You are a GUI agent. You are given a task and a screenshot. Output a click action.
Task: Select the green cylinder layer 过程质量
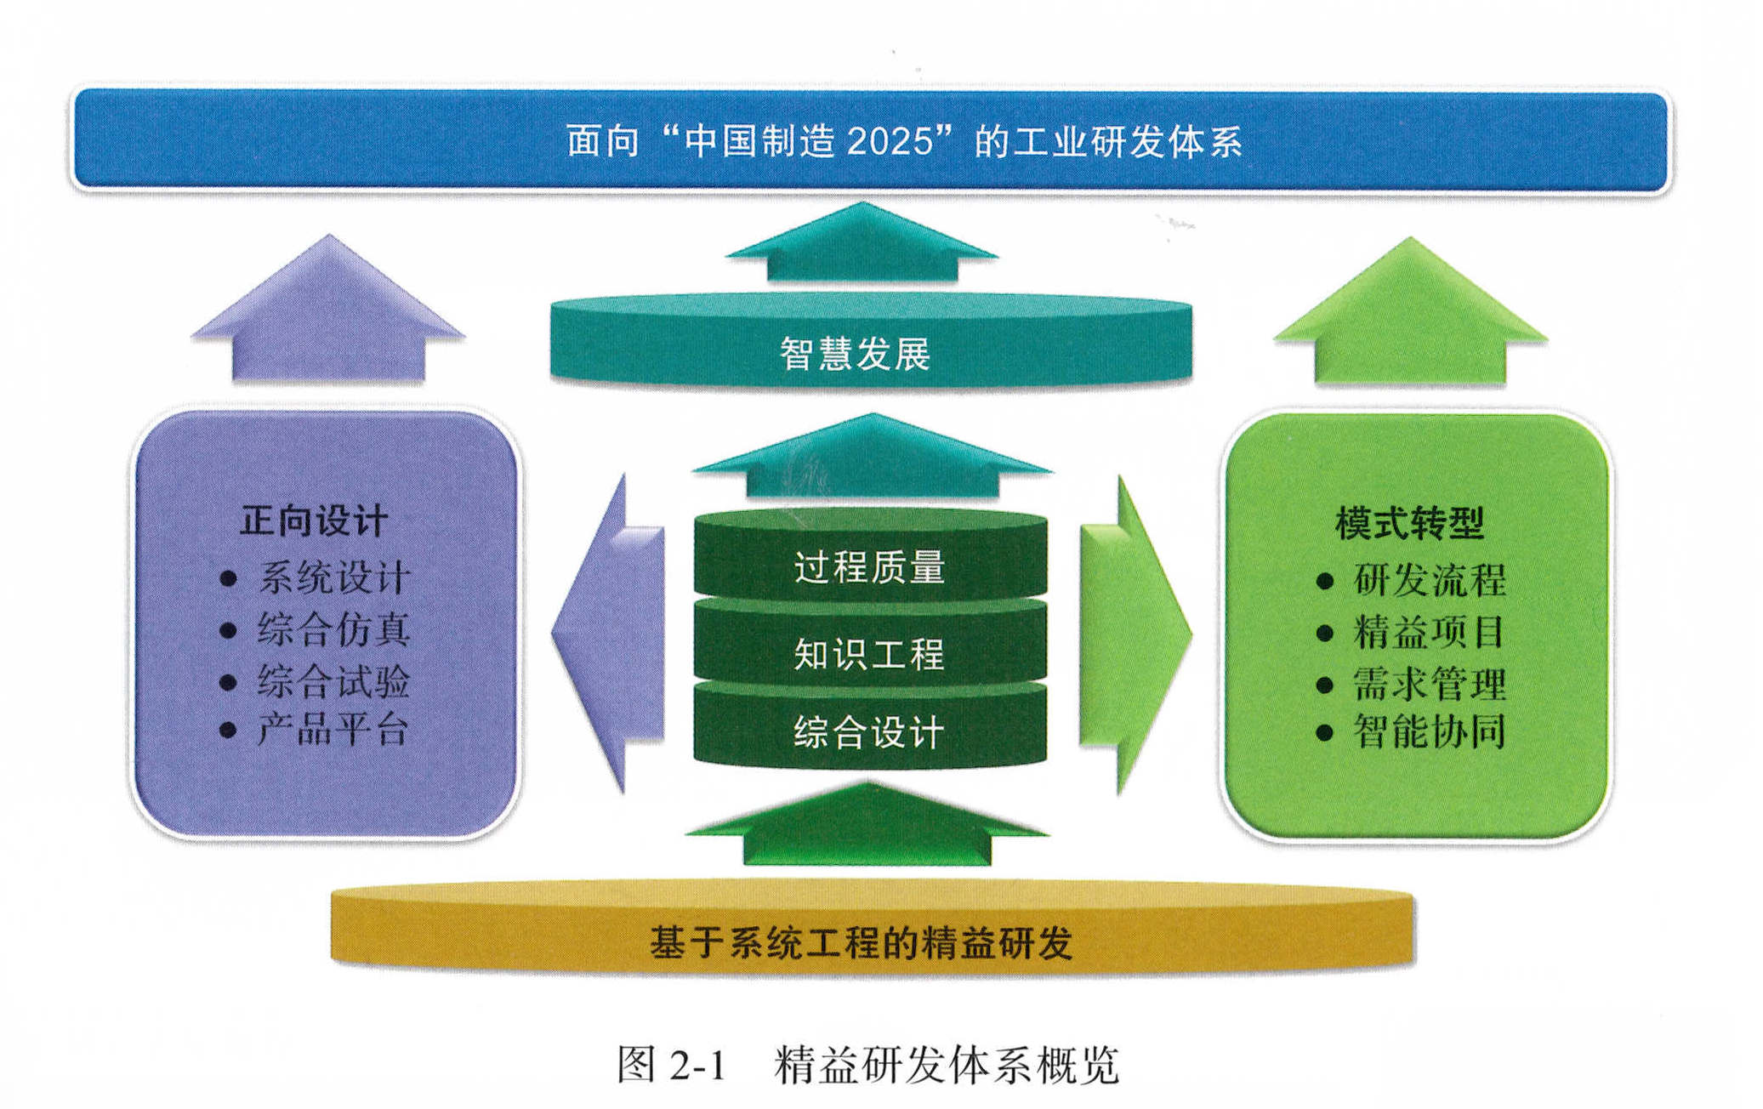coord(871,555)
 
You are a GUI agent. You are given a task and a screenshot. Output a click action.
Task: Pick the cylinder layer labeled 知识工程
coord(871,644)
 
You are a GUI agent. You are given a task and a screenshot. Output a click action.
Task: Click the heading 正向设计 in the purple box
coord(314,520)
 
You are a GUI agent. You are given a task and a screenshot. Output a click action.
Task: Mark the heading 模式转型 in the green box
coord(1410,522)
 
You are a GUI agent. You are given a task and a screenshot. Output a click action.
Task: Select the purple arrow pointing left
coord(608,634)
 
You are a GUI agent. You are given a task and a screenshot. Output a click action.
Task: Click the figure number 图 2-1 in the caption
coord(672,1064)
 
